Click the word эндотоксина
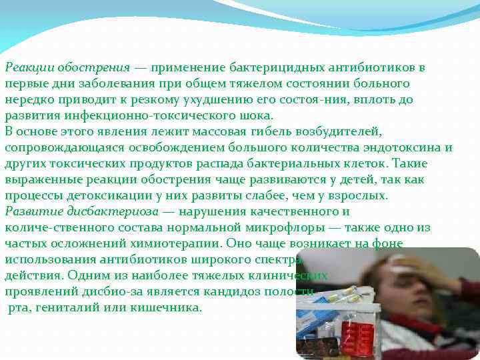click(x=405, y=147)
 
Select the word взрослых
click(x=358, y=196)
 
